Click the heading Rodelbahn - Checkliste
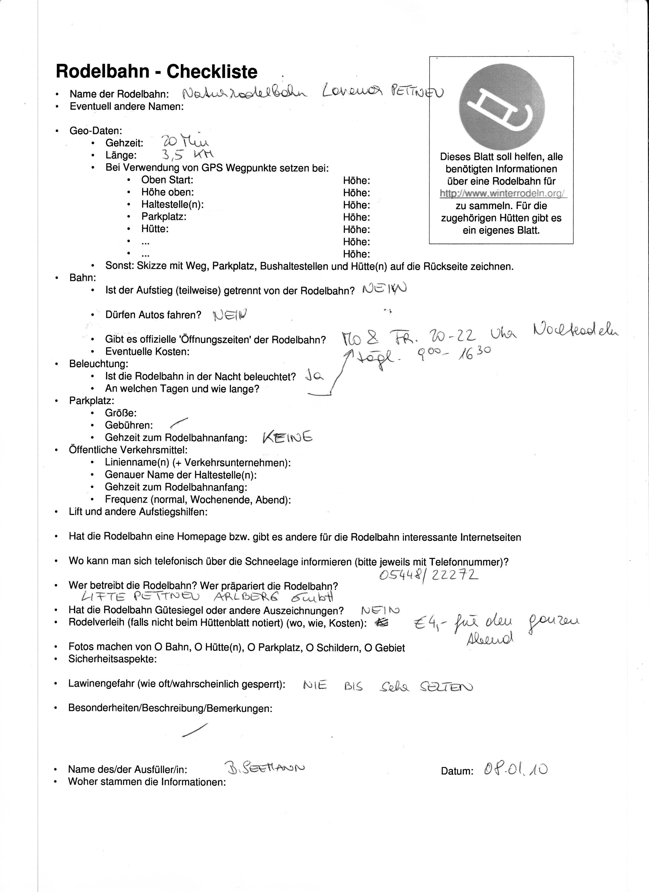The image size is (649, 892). pyautogui.click(x=157, y=72)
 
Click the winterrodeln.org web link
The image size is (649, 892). pyautogui.click(x=503, y=194)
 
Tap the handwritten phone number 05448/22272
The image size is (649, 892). pyautogui.click(x=429, y=575)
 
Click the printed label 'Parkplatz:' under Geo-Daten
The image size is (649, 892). pyautogui.click(x=164, y=217)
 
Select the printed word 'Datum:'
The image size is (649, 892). pyautogui.click(x=457, y=771)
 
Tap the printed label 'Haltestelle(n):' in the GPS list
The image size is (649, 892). pyautogui.click(x=172, y=204)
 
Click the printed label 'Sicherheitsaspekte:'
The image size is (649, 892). pyautogui.click(x=112, y=659)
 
